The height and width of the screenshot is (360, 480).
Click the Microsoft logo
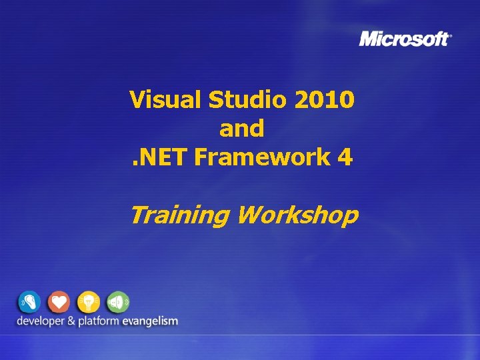pos(404,39)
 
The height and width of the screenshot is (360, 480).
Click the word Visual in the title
pos(166,100)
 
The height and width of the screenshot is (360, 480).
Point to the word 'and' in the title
pos(241,129)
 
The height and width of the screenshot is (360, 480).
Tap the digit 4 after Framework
pos(345,157)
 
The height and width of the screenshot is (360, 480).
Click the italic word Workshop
pos(297,215)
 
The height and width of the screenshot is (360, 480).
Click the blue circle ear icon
pos(29,302)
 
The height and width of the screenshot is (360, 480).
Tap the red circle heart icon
pos(59,302)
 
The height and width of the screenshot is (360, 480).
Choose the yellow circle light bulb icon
pos(88,302)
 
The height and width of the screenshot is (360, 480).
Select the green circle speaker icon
pos(117,302)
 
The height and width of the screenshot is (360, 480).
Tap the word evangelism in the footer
pos(150,321)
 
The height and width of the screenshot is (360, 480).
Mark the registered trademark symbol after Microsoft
pos(451,35)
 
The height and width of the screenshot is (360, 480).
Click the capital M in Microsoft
pos(369,39)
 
